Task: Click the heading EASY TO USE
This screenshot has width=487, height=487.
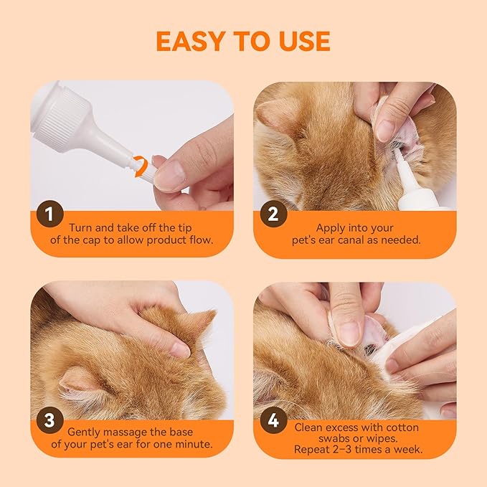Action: (x=243, y=41)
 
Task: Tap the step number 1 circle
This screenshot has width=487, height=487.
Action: (x=49, y=214)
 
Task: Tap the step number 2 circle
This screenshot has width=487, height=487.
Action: (x=273, y=214)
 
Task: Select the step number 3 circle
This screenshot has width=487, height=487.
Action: (x=49, y=421)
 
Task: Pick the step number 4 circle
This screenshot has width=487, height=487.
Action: (x=273, y=421)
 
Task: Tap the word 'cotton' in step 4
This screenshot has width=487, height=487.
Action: (x=399, y=427)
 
